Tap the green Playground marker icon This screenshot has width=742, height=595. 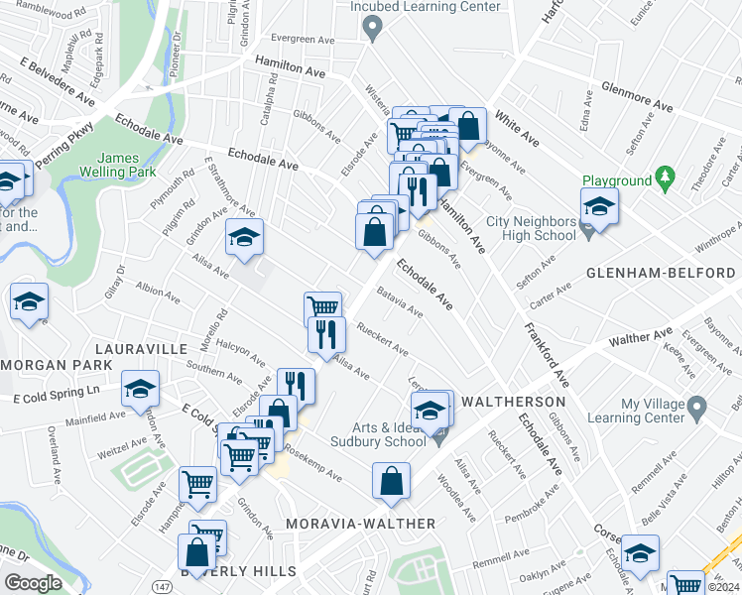point(667,181)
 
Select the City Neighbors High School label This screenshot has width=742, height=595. point(531,228)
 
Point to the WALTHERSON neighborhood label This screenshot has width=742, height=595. point(514,402)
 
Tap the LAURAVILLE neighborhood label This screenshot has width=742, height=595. point(141,350)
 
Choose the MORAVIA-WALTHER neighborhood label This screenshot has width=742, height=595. point(360,523)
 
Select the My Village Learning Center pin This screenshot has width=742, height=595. point(696,407)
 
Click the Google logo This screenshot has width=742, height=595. point(34,583)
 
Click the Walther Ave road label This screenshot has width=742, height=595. point(642,339)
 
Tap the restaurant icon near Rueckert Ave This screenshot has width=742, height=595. point(326,335)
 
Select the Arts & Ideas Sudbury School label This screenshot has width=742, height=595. point(364,433)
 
